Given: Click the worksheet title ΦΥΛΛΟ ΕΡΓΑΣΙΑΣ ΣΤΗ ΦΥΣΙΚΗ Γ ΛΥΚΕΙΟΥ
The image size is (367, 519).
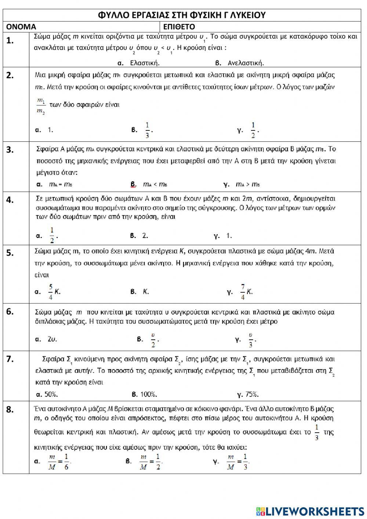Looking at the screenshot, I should point(182,15).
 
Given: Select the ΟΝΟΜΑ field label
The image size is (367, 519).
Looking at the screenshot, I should point(21,27).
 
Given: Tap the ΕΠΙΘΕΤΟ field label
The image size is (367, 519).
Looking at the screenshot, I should point(179,27).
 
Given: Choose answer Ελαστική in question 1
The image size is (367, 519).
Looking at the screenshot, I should point(145,63).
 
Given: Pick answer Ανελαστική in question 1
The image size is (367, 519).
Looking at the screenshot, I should point(245,63).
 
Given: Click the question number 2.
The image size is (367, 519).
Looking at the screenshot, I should point(10,76).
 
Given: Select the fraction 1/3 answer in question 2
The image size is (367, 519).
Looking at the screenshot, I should point(148,130).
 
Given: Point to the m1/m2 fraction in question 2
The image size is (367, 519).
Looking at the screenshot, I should point(41,106).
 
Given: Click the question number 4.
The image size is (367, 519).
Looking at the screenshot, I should point(10,200).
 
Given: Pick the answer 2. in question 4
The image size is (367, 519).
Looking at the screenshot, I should point(145,236).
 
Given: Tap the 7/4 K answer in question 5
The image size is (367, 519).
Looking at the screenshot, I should point(246,292).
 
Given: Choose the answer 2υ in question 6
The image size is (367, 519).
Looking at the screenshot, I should point(52,339).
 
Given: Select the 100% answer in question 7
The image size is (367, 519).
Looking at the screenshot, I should point(149,394).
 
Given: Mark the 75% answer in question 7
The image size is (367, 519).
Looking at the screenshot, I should point(252,394).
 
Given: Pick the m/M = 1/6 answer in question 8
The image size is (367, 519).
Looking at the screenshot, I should point(59,461).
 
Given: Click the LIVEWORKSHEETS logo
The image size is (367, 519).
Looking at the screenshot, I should point(310,511).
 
